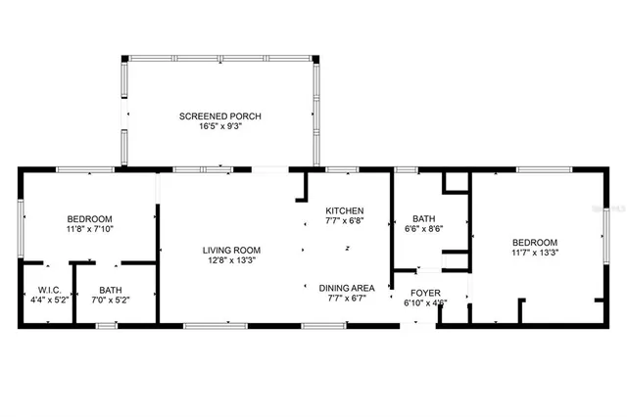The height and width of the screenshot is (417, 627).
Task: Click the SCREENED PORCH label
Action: pyautogui.click(x=219, y=116)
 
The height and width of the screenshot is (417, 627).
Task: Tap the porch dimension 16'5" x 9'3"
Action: pyautogui.click(x=219, y=127)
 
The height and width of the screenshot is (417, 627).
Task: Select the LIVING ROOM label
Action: pyautogui.click(x=232, y=250)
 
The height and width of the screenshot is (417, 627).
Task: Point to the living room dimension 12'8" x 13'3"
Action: pyautogui.click(x=232, y=260)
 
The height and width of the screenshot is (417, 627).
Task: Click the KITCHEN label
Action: pyautogui.click(x=345, y=210)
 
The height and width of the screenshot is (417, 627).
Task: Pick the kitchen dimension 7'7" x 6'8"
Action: pyautogui.click(x=345, y=221)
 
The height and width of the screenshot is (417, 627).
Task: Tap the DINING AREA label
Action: pyautogui.click(x=347, y=288)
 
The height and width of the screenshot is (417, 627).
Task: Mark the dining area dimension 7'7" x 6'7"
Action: pyautogui.click(x=347, y=299)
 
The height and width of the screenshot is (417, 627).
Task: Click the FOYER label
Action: pyautogui.click(x=425, y=293)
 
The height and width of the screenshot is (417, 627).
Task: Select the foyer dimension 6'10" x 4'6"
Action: pyautogui.click(x=425, y=303)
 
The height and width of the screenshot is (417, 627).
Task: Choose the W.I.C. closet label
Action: pyautogui.click(x=49, y=290)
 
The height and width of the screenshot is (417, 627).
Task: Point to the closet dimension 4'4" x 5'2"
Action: pyautogui.click(x=49, y=301)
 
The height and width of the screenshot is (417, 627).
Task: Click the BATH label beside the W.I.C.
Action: pyautogui.click(x=110, y=290)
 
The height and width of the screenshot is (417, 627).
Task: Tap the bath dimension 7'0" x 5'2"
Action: pyautogui.click(x=110, y=301)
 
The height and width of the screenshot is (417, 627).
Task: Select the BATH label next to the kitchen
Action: pyautogui.click(x=424, y=218)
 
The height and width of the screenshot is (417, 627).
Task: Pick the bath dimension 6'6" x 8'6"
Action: pyautogui.click(x=424, y=229)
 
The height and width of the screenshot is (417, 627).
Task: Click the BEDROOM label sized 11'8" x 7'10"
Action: pyautogui.click(x=89, y=218)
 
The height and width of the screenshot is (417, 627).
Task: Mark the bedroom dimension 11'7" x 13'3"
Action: pyautogui.click(x=535, y=253)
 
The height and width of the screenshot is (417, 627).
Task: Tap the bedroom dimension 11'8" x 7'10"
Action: pyautogui.click(x=89, y=229)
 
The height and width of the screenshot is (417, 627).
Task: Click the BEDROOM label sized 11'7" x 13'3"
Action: pyautogui.click(x=535, y=242)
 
